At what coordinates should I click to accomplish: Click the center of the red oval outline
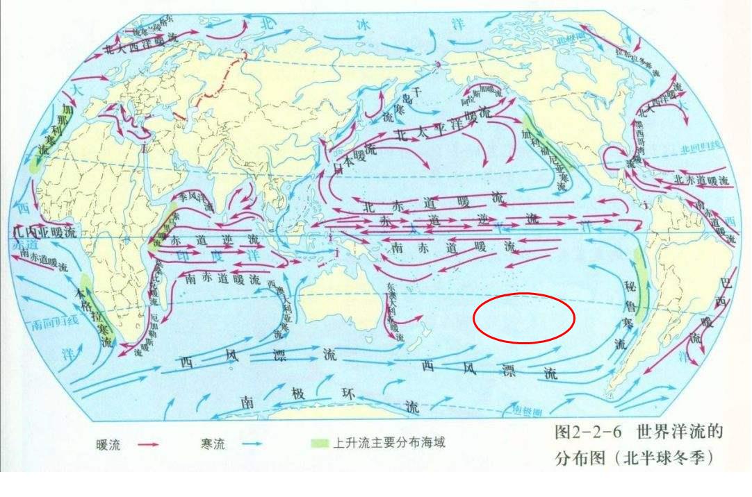[524, 318]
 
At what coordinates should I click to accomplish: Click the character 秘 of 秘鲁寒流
[630, 286]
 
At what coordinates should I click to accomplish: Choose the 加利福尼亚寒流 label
[546, 157]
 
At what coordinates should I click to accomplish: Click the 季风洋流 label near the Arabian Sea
[196, 197]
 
